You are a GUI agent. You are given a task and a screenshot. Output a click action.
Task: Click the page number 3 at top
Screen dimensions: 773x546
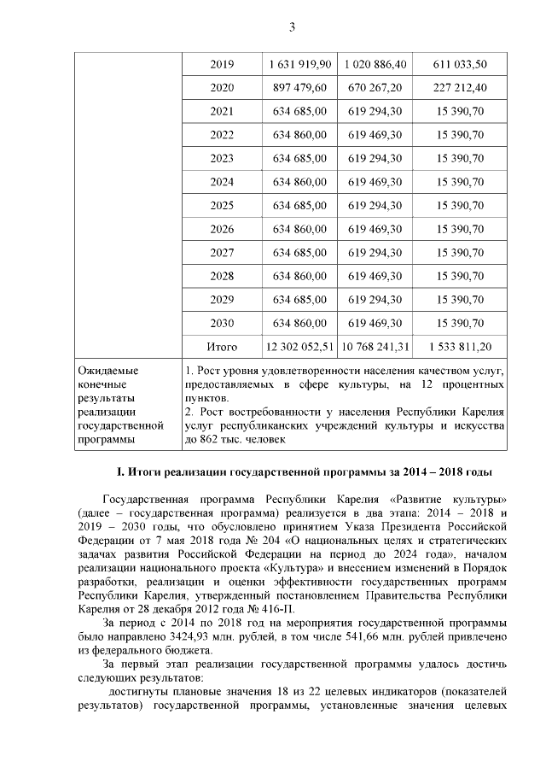(x=292, y=26)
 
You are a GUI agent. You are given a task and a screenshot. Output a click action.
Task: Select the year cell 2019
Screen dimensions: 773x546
(x=222, y=65)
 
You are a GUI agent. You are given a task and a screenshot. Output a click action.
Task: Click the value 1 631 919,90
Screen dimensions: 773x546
(x=298, y=65)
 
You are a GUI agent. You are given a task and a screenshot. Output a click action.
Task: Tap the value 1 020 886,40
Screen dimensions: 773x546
(x=375, y=65)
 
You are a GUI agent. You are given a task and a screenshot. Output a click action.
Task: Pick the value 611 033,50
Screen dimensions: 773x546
(x=460, y=65)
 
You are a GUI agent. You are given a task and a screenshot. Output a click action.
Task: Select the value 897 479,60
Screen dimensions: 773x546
(x=298, y=88)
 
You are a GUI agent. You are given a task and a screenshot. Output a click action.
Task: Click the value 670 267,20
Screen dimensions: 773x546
(x=375, y=88)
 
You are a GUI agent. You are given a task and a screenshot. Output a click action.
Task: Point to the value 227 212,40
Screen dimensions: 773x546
(x=460, y=88)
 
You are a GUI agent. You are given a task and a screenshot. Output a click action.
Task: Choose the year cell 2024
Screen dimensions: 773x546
(x=222, y=182)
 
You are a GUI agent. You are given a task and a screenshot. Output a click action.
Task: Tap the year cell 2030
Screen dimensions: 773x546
(x=222, y=323)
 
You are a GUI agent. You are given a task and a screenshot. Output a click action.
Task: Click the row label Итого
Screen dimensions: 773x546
(x=222, y=346)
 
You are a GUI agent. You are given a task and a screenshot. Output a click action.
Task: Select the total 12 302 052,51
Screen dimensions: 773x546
(x=298, y=346)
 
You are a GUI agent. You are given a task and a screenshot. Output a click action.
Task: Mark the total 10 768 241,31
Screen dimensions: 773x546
(x=375, y=346)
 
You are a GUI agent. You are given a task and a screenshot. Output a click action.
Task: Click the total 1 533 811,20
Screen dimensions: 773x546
(x=460, y=346)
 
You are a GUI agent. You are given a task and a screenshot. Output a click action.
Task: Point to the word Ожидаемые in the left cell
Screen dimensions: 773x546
(x=107, y=372)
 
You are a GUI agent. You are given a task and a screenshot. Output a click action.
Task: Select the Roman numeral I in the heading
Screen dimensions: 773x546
(x=119, y=472)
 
